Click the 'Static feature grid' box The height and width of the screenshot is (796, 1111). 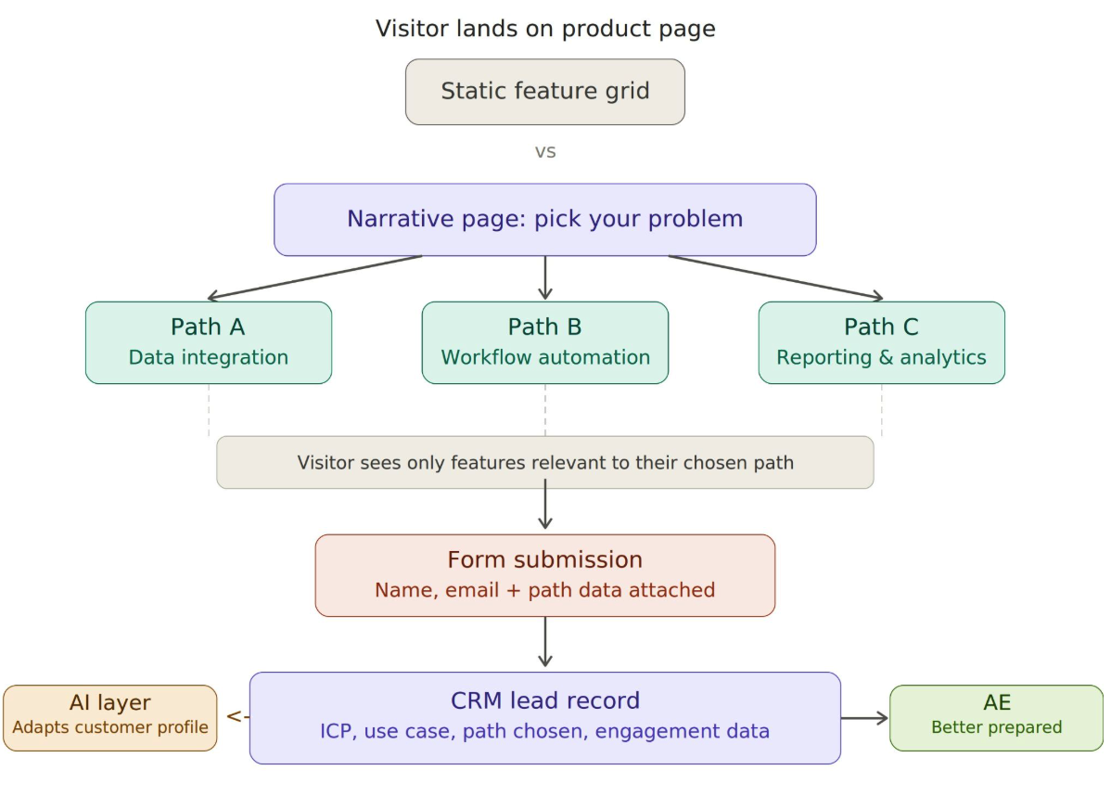coord(544,92)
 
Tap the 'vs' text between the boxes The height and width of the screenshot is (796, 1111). coord(544,151)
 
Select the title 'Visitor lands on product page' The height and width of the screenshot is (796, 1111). coord(544,29)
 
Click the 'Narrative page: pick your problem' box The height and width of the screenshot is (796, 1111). coord(544,220)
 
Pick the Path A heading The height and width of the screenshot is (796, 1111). coord(208,327)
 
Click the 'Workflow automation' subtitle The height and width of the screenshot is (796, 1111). coord(544,358)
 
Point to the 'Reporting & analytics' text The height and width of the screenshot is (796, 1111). coord(881,358)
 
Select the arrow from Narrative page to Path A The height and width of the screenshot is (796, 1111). coord(315,277)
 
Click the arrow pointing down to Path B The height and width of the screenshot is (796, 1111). coord(544,277)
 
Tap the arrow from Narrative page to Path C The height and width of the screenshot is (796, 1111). coord(774,277)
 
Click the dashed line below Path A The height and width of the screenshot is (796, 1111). coord(209,409)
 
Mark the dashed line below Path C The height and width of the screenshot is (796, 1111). coord(881,409)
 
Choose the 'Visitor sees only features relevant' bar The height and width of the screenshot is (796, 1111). coord(544,462)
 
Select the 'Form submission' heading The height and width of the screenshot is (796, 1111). coord(544,560)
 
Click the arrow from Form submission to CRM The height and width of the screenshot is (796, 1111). coord(544,642)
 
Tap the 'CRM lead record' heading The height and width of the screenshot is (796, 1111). coord(544,700)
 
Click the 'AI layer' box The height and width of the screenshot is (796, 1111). coord(109,717)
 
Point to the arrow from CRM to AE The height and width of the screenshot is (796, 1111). coord(864,717)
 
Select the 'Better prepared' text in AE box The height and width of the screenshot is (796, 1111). coord(996,728)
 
